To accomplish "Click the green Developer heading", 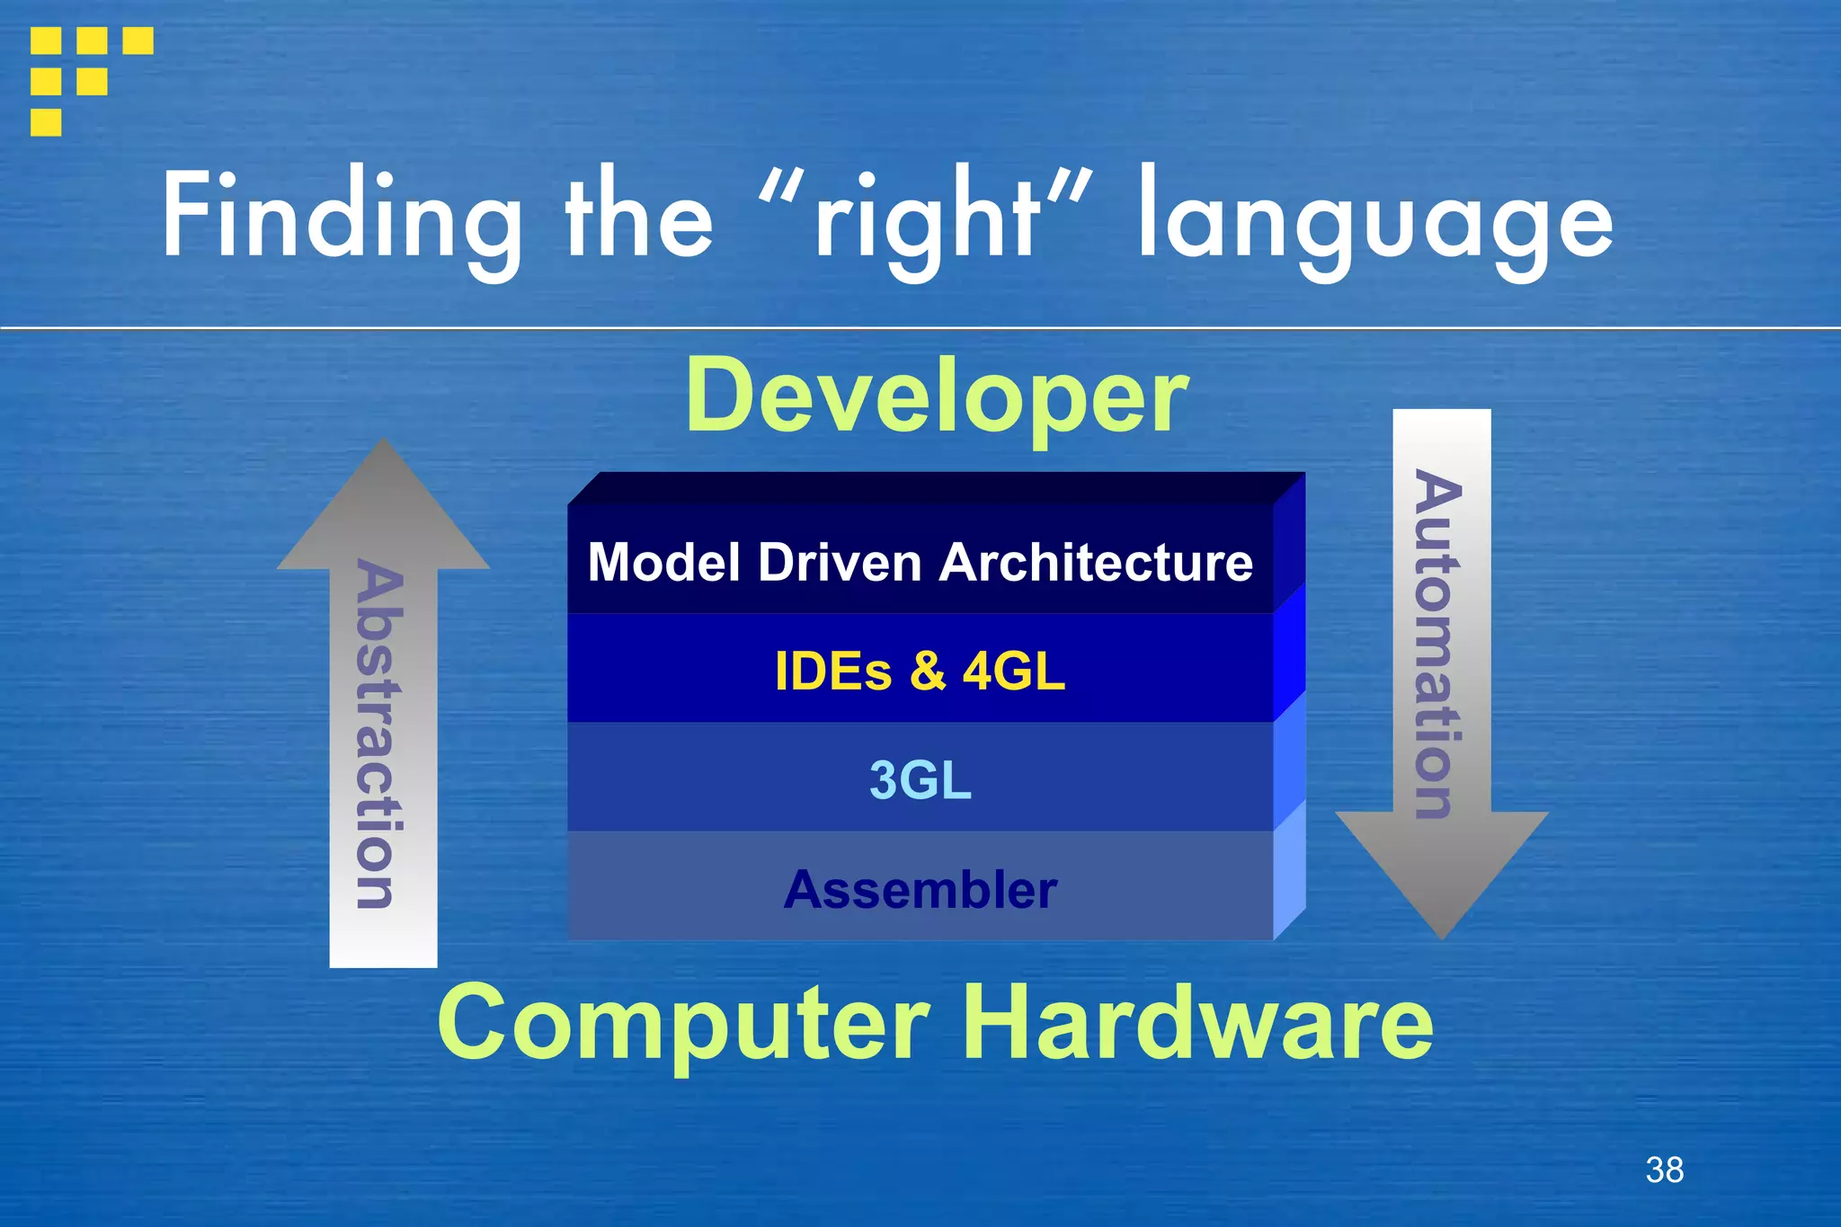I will point(937,396).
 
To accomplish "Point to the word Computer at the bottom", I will point(683,1023).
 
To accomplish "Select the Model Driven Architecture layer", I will point(920,563).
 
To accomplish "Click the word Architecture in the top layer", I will point(1096,563).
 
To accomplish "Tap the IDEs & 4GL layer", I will point(920,671).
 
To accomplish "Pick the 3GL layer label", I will point(920,779).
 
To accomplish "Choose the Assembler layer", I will point(920,890).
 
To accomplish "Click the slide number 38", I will point(1664,1169).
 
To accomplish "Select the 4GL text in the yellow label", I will point(1013,671).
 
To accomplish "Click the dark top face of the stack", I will point(935,488).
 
